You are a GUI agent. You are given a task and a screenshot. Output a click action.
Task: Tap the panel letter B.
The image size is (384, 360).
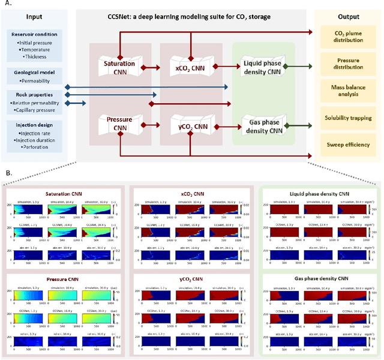click(x=8, y=173)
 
